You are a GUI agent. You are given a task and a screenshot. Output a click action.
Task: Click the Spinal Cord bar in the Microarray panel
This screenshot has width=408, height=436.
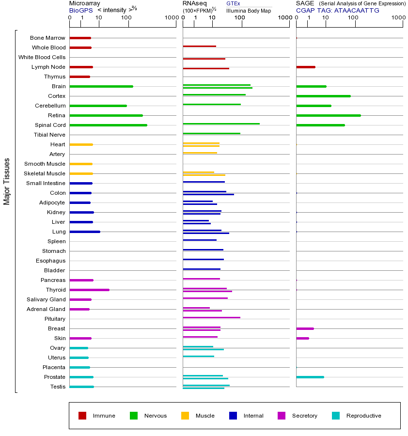[x=108, y=125]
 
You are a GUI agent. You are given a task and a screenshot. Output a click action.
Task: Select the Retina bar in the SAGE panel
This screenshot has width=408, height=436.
[x=328, y=115]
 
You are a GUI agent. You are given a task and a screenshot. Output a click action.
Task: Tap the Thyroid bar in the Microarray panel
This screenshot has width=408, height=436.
[x=89, y=290]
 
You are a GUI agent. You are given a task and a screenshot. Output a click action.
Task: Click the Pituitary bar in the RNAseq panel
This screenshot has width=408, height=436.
[x=211, y=317]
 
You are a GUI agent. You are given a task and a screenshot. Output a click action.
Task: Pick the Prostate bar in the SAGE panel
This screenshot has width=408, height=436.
[x=310, y=377]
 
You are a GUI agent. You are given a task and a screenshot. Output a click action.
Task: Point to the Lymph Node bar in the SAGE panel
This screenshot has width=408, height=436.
[x=305, y=67]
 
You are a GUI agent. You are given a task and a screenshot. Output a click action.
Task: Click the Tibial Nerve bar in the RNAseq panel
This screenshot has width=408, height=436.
[x=211, y=133]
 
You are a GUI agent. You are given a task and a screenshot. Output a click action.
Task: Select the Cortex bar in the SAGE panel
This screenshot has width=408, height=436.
[x=323, y=96]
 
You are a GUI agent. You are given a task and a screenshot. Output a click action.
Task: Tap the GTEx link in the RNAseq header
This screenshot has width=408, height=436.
[x=233, y=3]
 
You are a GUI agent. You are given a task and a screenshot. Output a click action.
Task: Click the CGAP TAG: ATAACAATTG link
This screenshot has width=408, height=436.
[x=338, y=10]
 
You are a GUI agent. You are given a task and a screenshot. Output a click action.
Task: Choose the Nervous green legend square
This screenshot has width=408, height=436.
[x=134, y=416]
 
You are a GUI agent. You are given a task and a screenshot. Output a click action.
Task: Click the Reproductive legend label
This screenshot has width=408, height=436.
[x=363, y=416]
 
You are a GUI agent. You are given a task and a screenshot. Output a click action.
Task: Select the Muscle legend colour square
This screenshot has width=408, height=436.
[x=185, y=416]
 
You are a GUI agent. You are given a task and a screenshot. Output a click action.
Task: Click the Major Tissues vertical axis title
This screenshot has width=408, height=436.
[x=7, y=181]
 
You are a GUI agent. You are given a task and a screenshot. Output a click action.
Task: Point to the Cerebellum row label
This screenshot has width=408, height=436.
[x=50, y=106]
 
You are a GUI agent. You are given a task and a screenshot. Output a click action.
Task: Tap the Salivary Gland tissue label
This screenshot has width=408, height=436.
[x=46, y=299]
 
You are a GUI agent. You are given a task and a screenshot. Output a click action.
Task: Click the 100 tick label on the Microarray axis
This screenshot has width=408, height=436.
[x=126, y=18]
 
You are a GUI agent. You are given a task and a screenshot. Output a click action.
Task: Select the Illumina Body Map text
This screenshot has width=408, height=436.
[x=249, y=10]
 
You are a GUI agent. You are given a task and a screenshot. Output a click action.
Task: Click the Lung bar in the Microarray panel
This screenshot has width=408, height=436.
[x=85, y=232]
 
